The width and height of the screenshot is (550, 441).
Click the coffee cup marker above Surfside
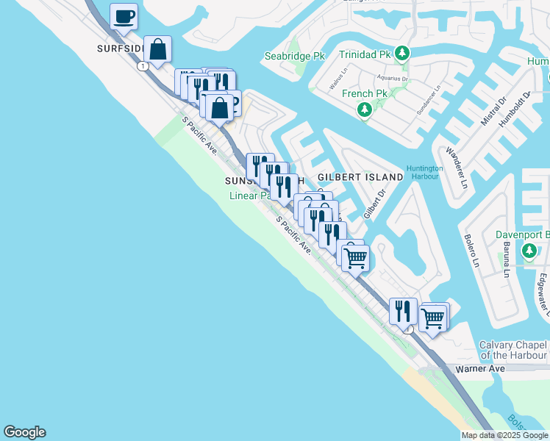(124, 16)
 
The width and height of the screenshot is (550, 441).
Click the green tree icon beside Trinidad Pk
(401, 54)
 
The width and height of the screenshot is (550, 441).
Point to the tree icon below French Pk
(364, 110)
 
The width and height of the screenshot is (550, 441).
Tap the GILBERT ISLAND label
(360, 177)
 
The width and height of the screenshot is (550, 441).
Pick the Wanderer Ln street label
(456, 168)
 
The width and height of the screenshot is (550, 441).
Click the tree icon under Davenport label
(529, 252)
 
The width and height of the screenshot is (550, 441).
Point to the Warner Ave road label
(480, 368)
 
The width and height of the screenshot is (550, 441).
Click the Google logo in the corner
(24, 432)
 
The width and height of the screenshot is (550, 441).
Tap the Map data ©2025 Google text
(504, 435)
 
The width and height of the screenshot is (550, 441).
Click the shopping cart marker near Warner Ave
(433, 318)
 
